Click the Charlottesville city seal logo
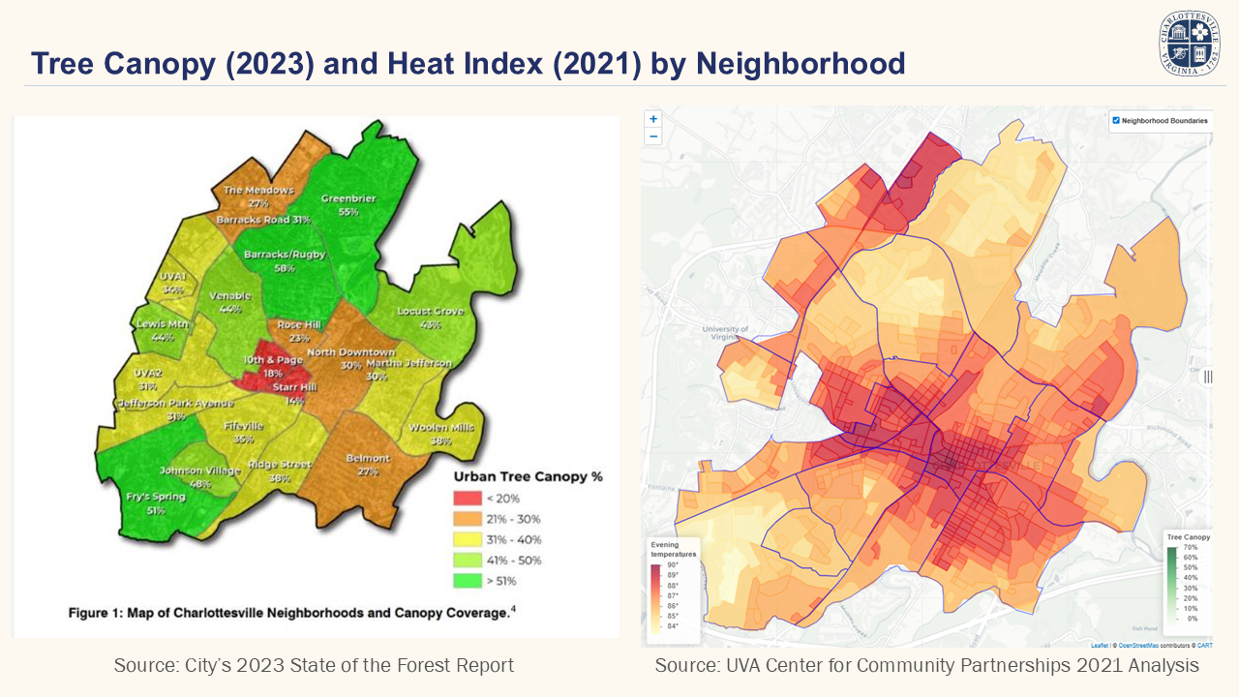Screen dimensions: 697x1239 (1189, 44)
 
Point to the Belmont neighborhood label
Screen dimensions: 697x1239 (367, 458)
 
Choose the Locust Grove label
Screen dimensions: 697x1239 (431, 312)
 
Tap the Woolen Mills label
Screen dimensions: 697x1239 (440, 428)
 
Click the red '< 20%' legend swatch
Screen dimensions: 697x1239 (468, 498)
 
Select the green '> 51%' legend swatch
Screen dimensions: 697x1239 (468, 581)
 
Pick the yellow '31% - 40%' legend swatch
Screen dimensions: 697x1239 (468, 539)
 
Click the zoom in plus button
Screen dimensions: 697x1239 (653, 119)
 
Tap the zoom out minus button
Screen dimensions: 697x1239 (653, 136)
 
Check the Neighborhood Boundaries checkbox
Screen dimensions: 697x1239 (1116, 121)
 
